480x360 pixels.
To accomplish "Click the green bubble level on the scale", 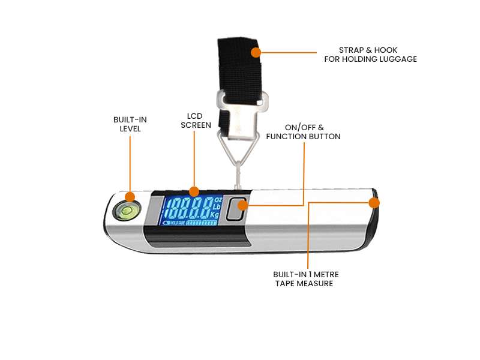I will pos(127,209).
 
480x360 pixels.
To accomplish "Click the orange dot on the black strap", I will pos(256,52).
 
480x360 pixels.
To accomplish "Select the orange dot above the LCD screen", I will pos(194,191).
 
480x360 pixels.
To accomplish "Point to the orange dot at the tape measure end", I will pos(374,203).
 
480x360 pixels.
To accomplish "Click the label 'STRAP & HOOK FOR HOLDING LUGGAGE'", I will pos(370,54).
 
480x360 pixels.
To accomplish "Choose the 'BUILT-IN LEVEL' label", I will pos(130,124).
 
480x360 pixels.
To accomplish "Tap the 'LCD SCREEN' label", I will pos(199,120).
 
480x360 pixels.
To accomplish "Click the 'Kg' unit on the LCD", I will pos(215,214).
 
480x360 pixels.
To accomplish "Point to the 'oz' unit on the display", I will pos(217,199).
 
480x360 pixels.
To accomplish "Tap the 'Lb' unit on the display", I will pos(217,206).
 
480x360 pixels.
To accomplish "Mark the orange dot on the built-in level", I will pos(130,197).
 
